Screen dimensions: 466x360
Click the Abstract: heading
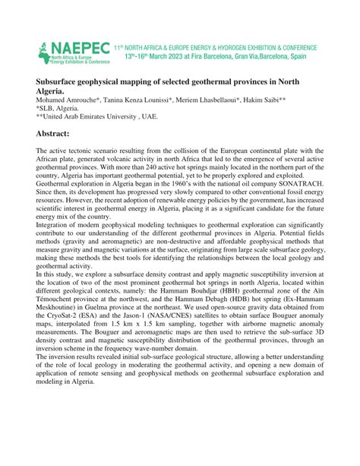tap(63, 134)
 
